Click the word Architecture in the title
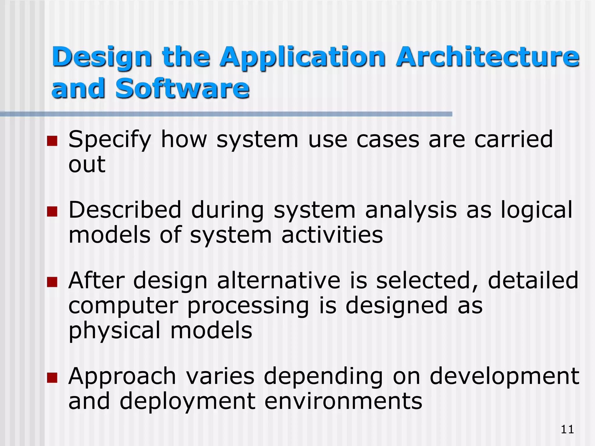[x=487, y=57]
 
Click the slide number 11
[x=567, y=429]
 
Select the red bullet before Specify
[x=52, y=141]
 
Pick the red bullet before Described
[x=52, y=212]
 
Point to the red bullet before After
[x=52, y=282]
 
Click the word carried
[x=513, y=139]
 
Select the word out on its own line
[x=87, y=164]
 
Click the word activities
[x=332, y=235]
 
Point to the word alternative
[x=279, y=280]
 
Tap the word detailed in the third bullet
[x=533, y=280]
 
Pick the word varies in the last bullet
[x=220, y=376]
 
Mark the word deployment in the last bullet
[x=187, y=402]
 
